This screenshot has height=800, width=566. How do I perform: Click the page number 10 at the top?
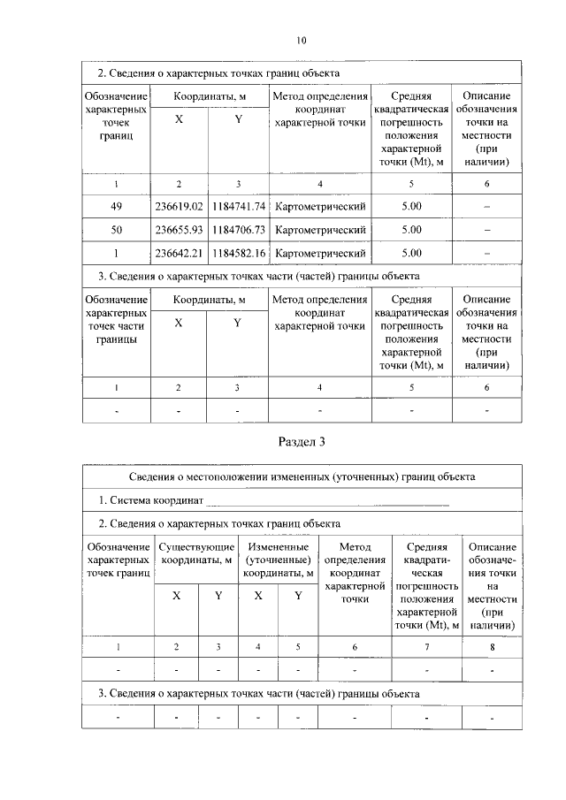pyautogui.click(x=301, y=40)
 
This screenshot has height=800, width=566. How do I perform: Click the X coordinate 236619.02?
pyautogui.click(x=179, y=207)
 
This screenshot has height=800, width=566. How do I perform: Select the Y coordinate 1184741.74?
pyautogui.click(x=238, y=207)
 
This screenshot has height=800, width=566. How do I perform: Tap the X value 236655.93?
pyautogui.click(x=179, y=230)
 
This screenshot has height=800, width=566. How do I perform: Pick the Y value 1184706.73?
pyautogui.click(x=238, y=230)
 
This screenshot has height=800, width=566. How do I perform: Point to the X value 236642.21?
pyautogui.click(x=179, y=253)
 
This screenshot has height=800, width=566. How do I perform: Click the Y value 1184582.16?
pyautogui.click(x=238, y=253)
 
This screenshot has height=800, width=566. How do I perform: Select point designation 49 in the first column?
pyautogui.click(x=117, y=207)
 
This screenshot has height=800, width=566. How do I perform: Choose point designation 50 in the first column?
pyautogui.click(x=117, y=230)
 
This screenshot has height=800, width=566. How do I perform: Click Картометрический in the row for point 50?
pyautogui.click(x=320, y=230)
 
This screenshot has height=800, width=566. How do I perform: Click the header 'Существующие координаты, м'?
pyautogui.click(x=196, y=553)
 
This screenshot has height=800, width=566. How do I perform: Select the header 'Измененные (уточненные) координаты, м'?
pyautogui.click(x=278, y=560)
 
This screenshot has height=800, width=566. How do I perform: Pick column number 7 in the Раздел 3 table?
pyautogui.click(x=426, y=648)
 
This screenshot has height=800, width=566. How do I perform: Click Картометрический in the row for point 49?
pyautogui.click(x=320, y=207)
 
